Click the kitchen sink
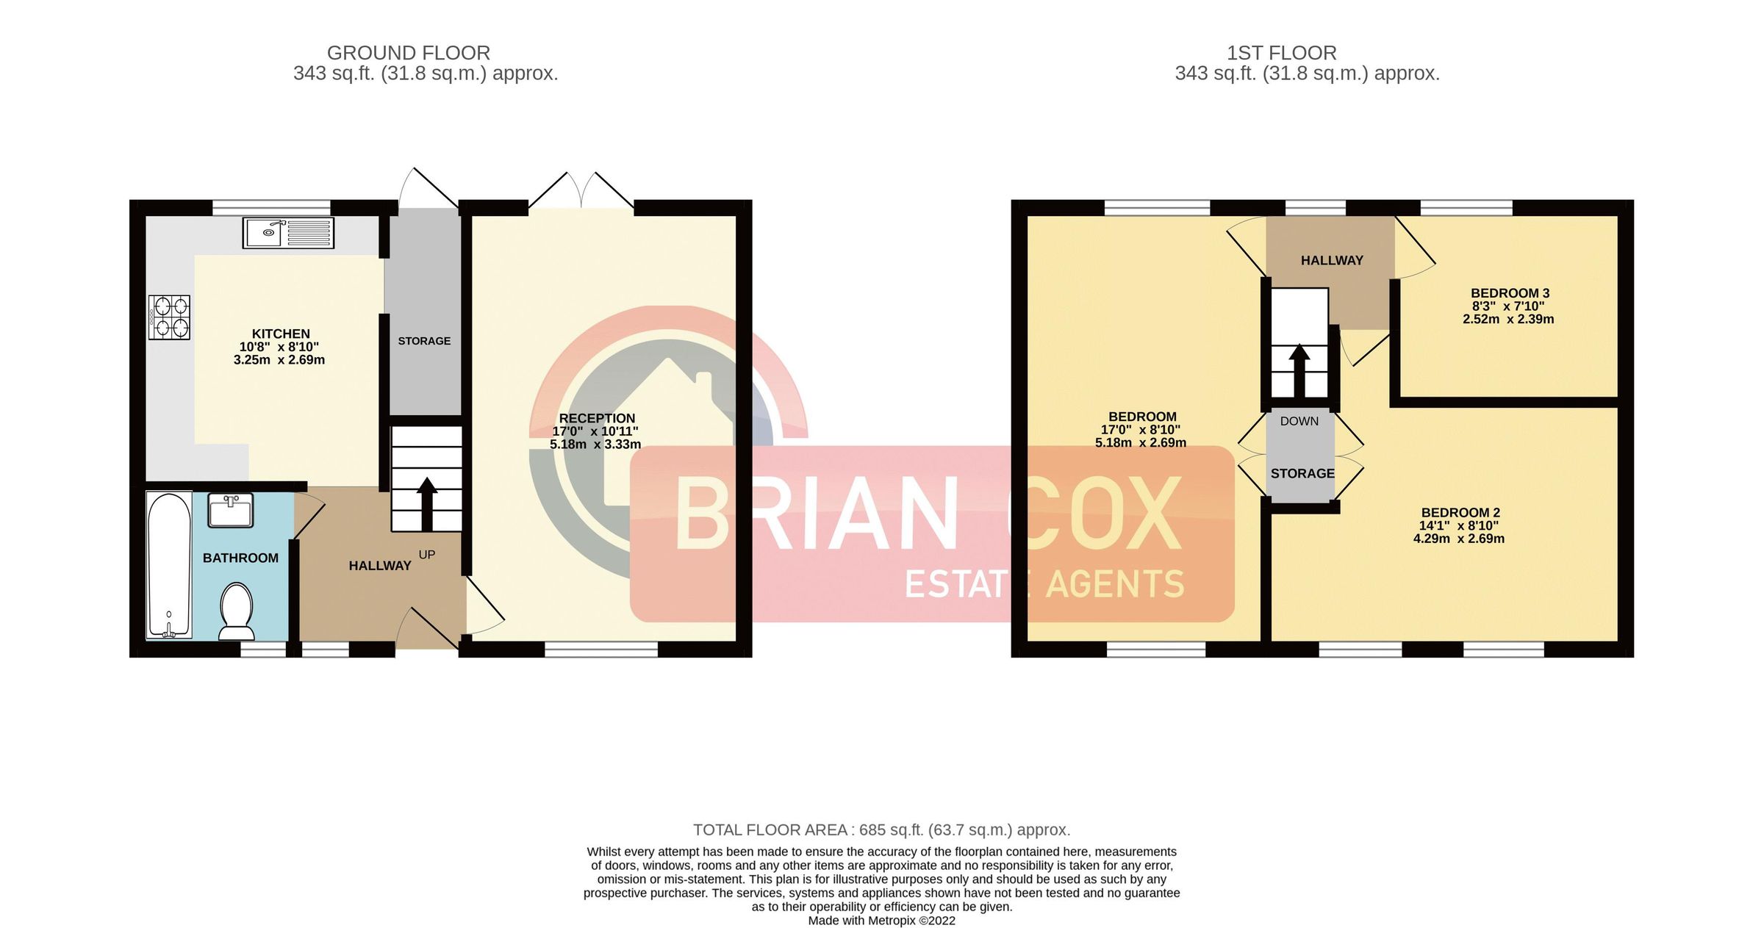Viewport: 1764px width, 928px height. pyautogui.click(x=288, y=232)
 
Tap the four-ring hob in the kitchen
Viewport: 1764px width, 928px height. pyautogui.click(x=169, y=317)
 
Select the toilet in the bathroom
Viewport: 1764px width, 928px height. pyautogui.click(x=237, y=611)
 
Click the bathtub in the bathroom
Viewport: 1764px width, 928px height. pyautogui.click(x=169, y=564)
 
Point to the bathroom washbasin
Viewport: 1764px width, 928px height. pyautogui.click(x=231, y=510)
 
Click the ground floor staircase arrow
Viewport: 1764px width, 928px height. pyautogui.click(x=426, y=503)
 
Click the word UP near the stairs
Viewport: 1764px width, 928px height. pyautogui.click(x=427, y=555)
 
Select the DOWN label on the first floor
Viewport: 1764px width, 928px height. pyautogui.click(x=1299, y=421)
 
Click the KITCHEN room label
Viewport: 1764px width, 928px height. pyautogui.click(x=281, y=334)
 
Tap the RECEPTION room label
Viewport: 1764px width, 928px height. pyautogui.click(x=597, y=418)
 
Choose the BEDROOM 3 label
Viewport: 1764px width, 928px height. pyautogui.click(x=1510, y=293)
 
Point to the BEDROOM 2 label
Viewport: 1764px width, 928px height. pyautogui.click(x=1460, y=512)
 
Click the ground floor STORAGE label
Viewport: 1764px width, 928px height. pyautogui.click(x=424, y=341)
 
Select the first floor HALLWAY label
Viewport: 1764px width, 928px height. pyautogui.click(x=1331, y=260)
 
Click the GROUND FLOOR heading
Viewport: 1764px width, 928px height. pyautogui.click(x=408, y=53)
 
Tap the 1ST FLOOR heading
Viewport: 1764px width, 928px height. pyautogui.click(x=1281, y=53)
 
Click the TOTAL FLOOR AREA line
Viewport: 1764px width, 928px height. pyautogui.click(x=881, y=830)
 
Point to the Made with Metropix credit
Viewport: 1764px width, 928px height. pyautogui.click(x=881, y=921)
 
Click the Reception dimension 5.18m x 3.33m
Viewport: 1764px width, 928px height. pyautogui.click(x=595, y=444)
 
